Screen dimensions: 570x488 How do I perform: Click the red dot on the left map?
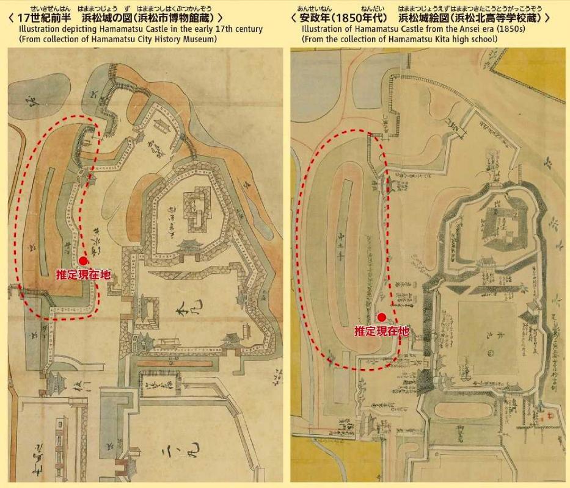tap(83, 260)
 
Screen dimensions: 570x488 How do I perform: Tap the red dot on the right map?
tap(382, 317)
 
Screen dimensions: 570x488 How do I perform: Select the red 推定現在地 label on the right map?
tap(382, 331)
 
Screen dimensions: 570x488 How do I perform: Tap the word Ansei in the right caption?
tap(455, 29)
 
